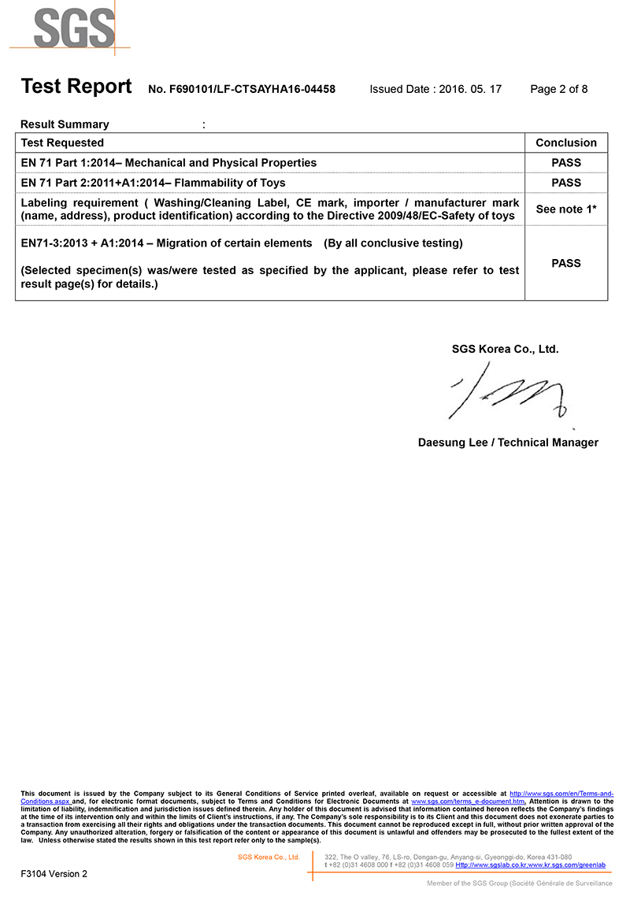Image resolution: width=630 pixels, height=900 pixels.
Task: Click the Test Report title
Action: tap(76, 87)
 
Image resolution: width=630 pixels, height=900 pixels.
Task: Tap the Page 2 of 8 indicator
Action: tap(558, 90)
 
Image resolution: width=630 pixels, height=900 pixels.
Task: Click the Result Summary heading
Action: tap(65, 124)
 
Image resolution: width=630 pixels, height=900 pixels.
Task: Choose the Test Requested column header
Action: tap(62, 143)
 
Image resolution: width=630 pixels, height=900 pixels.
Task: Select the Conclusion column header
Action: tap(565, 143)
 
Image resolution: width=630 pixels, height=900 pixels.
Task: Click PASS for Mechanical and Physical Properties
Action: tap(565, 163)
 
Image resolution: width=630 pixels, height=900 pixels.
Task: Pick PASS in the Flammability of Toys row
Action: tap(565, 183)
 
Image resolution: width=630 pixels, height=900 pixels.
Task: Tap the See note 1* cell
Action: tap(565, 209)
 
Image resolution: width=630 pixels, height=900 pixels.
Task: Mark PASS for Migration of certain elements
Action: tap(565, 264)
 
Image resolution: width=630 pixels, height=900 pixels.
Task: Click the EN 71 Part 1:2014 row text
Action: tap(169, 163)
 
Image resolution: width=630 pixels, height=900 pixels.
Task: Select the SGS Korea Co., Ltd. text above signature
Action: tap(505, 350)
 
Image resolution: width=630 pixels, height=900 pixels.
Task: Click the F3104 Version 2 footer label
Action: tap(54, 873)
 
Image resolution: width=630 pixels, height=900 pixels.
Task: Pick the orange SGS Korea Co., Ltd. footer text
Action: tap(269, 857)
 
